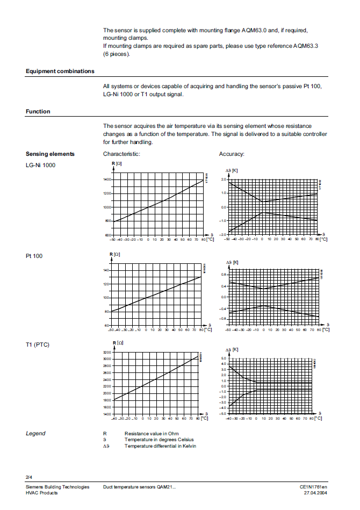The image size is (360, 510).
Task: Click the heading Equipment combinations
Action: tap(60, 71)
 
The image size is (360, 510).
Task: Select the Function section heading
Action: tap(38, 111)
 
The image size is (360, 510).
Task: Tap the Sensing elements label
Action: tap(50, 154)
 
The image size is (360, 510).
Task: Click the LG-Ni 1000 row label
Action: tap(40, 165)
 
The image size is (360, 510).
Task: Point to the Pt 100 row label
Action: tap(34, 256)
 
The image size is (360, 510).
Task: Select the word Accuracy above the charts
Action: tap(232, 154)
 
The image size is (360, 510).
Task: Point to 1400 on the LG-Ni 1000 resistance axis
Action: tap(106, 179)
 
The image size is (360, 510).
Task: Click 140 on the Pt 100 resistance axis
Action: tap(107, 270)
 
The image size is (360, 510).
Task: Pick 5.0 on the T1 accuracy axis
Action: tap(224, 358)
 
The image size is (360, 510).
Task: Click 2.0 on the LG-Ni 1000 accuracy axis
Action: tap(224, 179)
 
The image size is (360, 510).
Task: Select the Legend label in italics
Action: tap(35, 433)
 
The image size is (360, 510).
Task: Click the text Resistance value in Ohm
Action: tap(152, 433)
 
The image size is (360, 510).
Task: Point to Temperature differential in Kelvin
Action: tap(159, 446)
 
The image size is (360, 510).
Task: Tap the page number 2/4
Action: tap(29, 477)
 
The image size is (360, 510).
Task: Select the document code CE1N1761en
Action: tap(313, 486)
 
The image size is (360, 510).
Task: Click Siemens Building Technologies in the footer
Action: tap(57, 486)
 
